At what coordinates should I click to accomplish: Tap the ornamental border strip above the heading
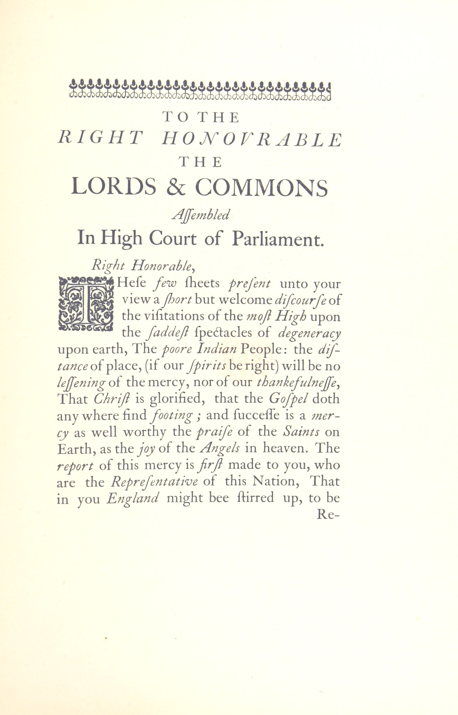pos(200,90)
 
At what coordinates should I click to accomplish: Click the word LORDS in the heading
pos(114,187)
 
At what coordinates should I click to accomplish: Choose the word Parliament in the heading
pos(277,239)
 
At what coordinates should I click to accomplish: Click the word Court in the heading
pos(173,239)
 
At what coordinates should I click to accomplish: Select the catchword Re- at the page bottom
pos(328,514)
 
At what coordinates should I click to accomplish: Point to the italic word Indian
pos(217,349)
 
